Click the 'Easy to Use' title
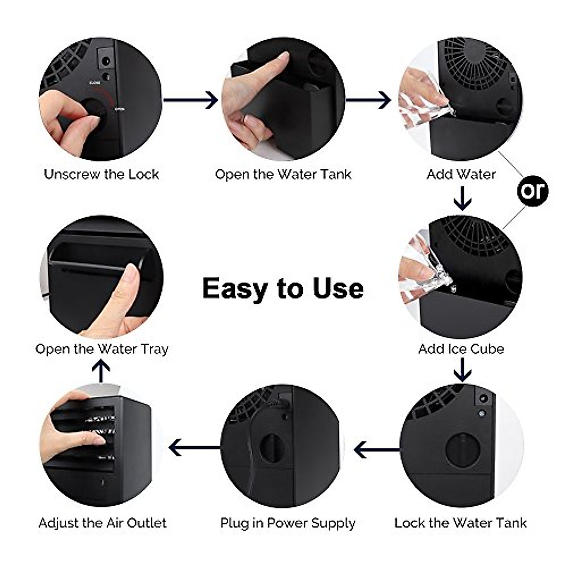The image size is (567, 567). point(283,288)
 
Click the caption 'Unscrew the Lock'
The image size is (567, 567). point(102,174)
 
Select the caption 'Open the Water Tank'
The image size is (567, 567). point(283,174)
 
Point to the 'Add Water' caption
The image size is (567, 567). point(461,174)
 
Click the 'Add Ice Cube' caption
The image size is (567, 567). point(461,349)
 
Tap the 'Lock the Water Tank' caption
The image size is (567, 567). point(461,523)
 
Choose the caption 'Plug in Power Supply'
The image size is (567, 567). point(288,523)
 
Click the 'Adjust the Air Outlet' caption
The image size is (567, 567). point(103,523)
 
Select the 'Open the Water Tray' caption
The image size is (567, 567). point(102,349)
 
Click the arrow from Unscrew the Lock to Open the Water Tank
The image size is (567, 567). point(191,100)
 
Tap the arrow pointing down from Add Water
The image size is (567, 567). point(462,198)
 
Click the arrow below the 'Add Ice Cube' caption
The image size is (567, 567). point(462,370)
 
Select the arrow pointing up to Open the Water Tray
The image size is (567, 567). point(101,371)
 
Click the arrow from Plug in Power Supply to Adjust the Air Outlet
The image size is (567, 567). point(194,447)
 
